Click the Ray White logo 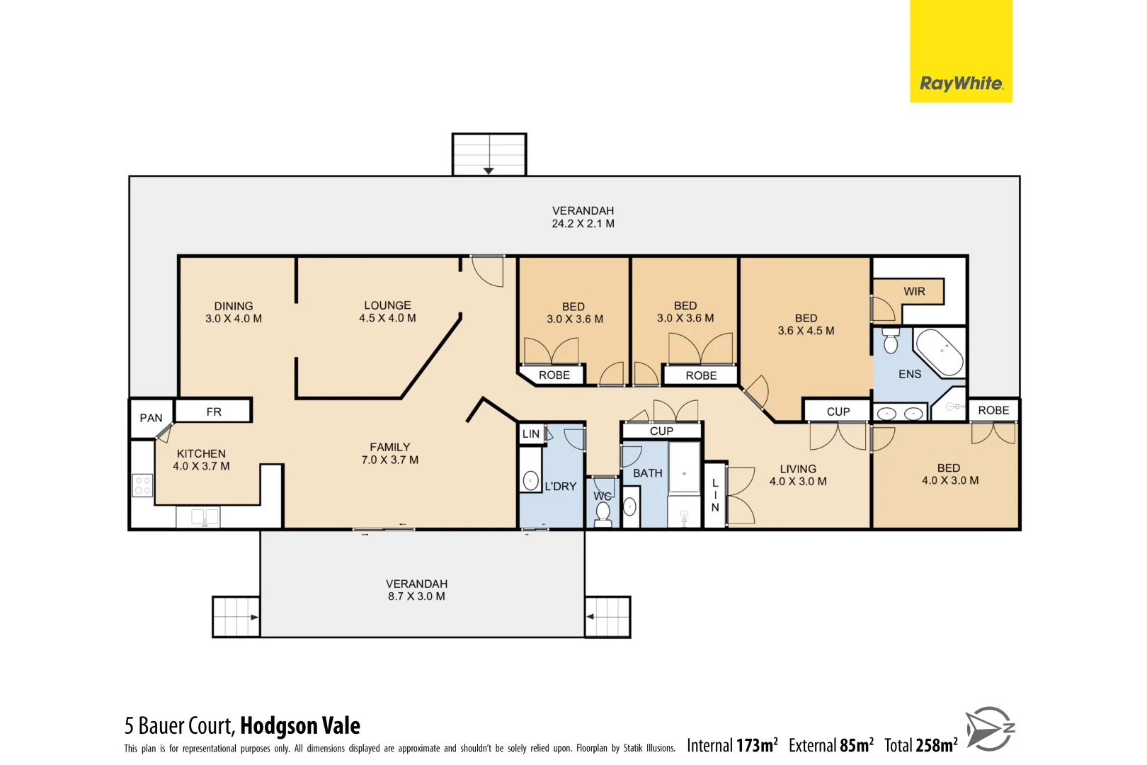click(961, 84)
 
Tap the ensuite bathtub click(940, 352)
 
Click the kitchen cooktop click(142, 485)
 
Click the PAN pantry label click(151, 418)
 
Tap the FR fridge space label click(214, 412)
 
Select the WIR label click(914, 291)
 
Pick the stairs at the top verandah click(489, 154)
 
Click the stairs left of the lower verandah click(236, 617)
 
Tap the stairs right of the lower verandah click(607, 617)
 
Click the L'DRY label click(560, 487)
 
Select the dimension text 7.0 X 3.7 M click(390, 460)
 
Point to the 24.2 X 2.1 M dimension click(583, 224)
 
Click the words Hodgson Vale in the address click(300, 726)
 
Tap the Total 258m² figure click(920, 745)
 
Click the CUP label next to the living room click(838, 412)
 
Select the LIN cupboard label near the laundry click(531, 434)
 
